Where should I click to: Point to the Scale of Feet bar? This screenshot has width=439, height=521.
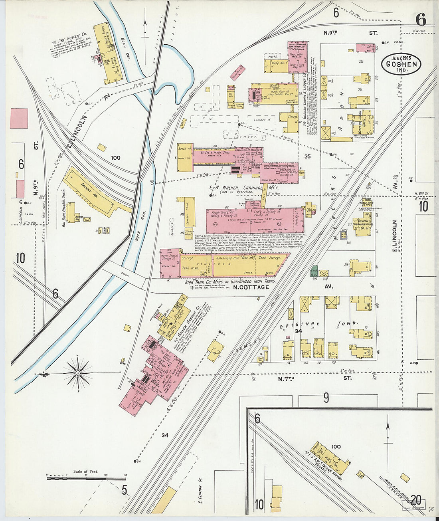[x=86, y=477]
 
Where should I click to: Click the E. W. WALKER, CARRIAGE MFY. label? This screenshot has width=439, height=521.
[x=243, y=188]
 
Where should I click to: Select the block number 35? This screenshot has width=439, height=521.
[x=307, y=156]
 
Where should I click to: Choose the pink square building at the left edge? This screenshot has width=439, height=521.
[x=19, y=119]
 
